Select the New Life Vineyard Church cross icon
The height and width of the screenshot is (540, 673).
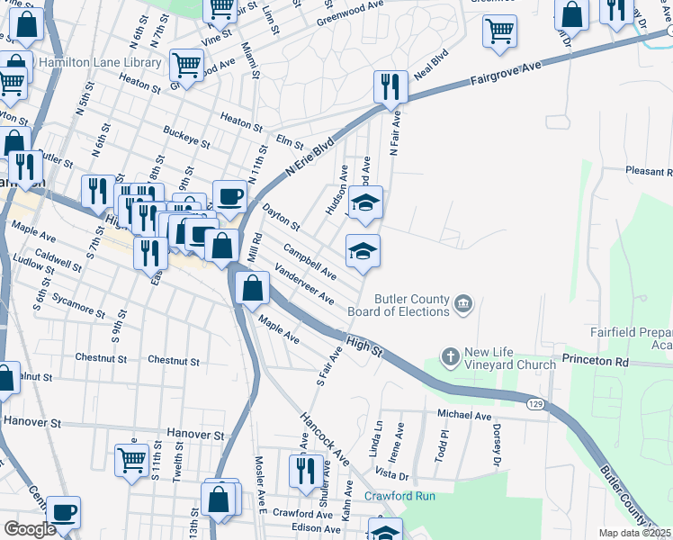[451, 358]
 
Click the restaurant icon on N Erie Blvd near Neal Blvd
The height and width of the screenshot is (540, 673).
[390, 87]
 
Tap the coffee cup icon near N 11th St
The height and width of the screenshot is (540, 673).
[229, 196]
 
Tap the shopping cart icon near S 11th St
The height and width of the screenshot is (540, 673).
[131, 460]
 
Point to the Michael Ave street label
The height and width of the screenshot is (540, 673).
[464, 415]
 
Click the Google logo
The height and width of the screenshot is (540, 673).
[30, 529]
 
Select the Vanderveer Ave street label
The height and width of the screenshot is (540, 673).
[305, 284]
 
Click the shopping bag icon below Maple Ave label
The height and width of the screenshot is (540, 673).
[252, 289]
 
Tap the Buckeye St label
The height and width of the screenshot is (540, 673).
[186, 137]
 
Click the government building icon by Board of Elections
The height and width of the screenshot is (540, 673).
[462, 304]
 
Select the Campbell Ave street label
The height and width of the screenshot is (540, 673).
[309, 260]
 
